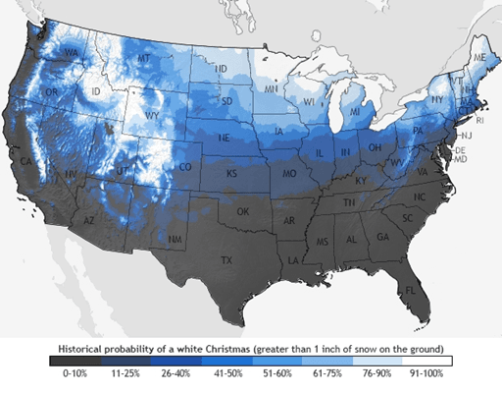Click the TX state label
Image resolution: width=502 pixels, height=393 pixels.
226,261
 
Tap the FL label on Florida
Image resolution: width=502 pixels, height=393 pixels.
410,291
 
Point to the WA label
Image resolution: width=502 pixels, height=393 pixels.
71,52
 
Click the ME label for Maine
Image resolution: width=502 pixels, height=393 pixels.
478,59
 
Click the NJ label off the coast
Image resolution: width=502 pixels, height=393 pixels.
466,135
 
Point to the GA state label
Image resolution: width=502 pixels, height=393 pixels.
381,238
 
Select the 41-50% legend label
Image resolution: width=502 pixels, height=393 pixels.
226,374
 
